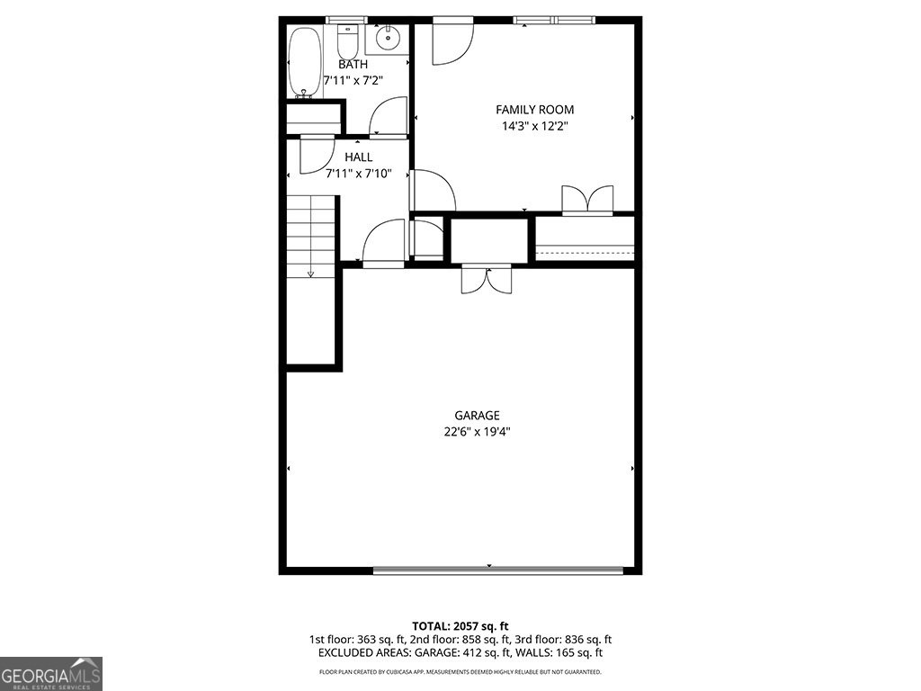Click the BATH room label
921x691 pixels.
(x=353, y=65)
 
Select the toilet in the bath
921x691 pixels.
(x=347, y=40)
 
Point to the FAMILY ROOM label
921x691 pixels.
(x=534, y=110)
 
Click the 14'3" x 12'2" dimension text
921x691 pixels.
(x=534, y=126)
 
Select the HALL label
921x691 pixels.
(x=358, y=157)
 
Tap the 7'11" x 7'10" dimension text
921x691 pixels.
(x=358, y=174)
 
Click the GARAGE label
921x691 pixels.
(x=477, y=416)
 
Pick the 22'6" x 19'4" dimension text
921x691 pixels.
(x=477, y=432)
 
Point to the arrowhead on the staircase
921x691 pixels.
(x=310, y=274)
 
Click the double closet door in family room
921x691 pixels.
(x=587, y=200)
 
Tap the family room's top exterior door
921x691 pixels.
(x=452, y=42)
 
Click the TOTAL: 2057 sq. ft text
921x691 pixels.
(x=460, y=625)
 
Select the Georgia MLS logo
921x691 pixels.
(x=51, y=673)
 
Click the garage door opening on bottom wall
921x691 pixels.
(x=497, y=569)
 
